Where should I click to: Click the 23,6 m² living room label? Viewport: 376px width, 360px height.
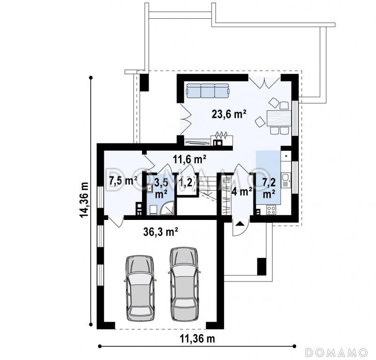pos(229,114)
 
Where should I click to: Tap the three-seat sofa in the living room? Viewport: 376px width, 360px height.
pos(208,91)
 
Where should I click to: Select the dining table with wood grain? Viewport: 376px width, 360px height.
pos(278,118)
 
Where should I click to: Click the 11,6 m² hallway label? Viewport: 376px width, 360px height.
pos(190,159)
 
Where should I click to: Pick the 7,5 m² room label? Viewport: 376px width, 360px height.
pos(123,180)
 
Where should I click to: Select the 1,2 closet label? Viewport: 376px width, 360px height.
pos(186,183)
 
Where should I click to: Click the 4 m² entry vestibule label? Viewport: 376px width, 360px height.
pos(242,192)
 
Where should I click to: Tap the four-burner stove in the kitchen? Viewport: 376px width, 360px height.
pos(271,210)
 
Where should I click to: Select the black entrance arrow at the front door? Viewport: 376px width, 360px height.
pos(241,224)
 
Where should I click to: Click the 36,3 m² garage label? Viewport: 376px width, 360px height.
pos(161,232)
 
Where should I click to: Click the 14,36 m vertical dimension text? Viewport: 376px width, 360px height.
pos(84,200)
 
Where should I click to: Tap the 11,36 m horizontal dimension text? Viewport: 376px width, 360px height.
pos(197,339)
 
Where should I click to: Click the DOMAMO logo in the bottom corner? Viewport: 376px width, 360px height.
pos(337,352)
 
